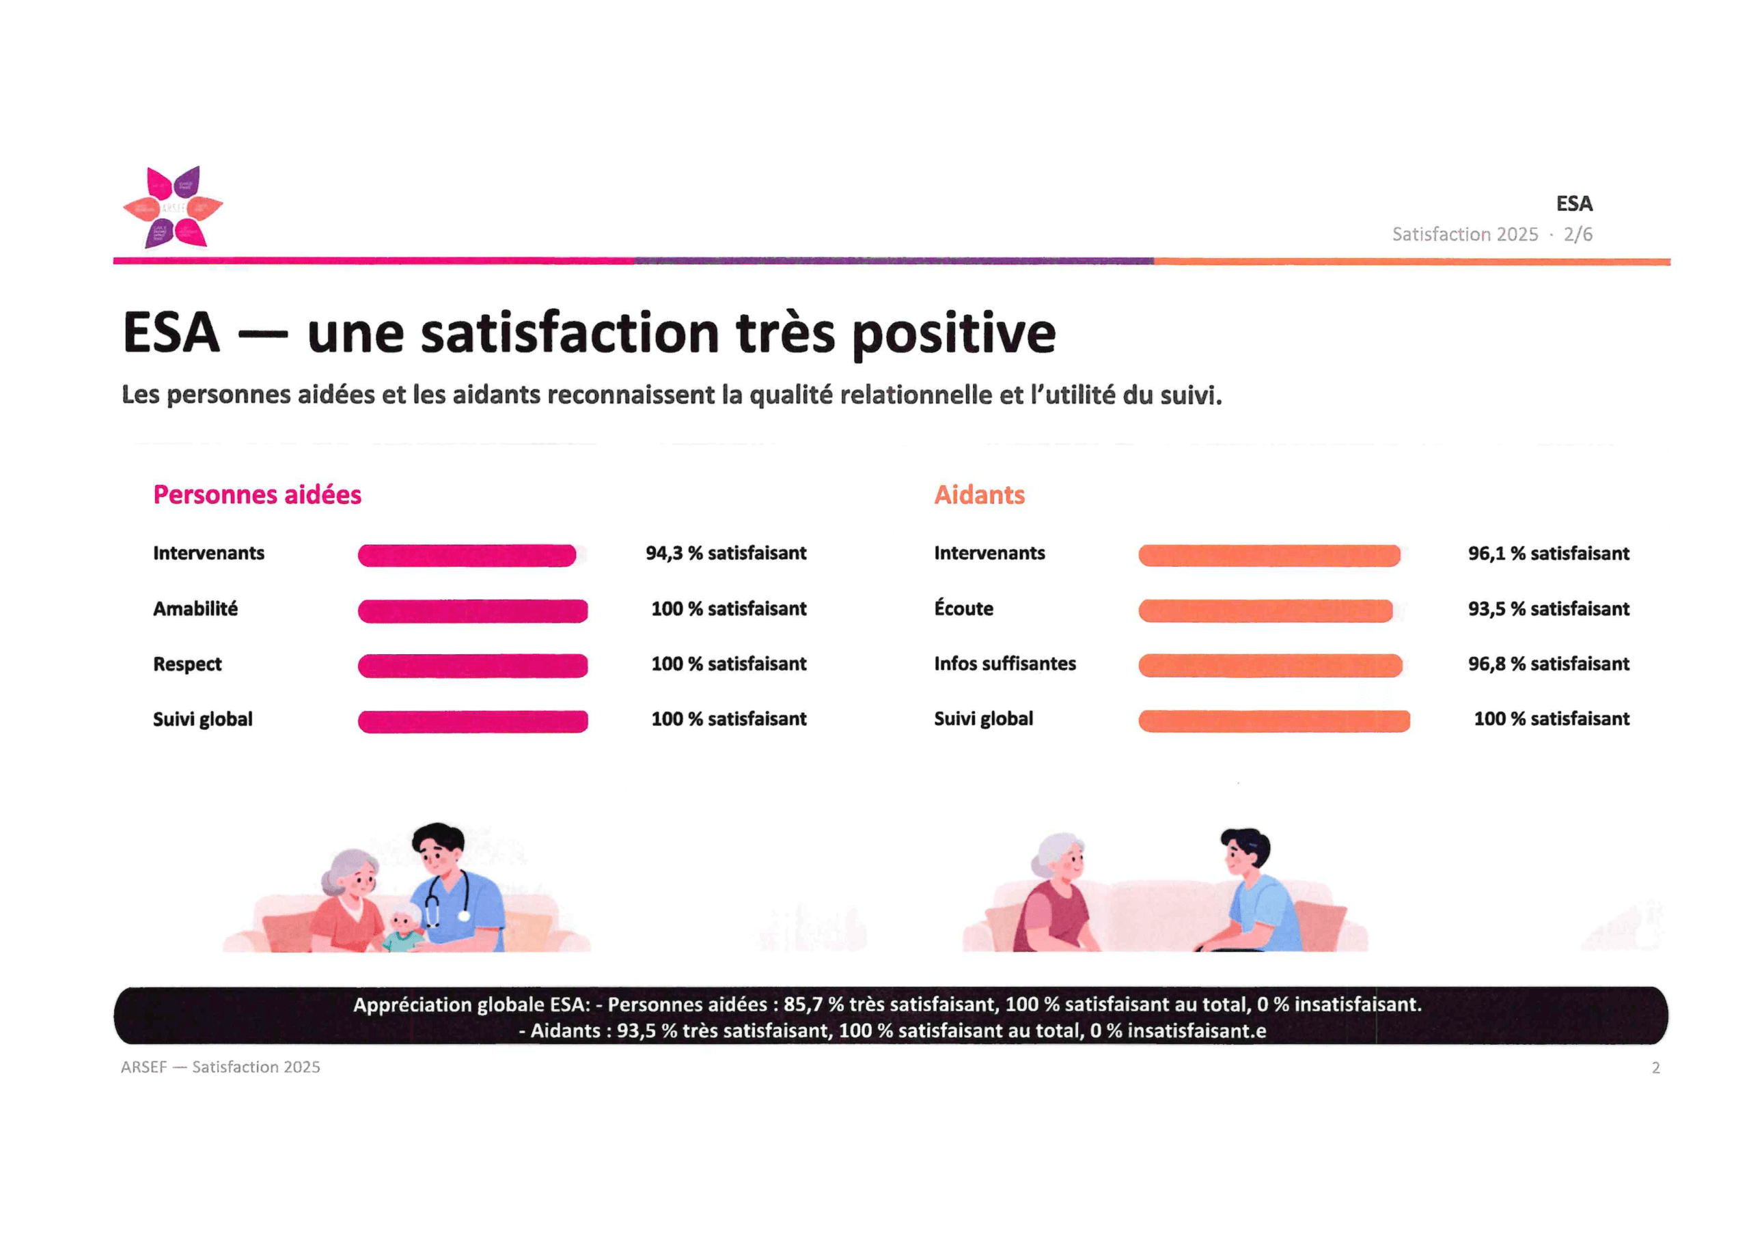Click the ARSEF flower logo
(x=173, y=207)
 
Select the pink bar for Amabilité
(x=473, y=610)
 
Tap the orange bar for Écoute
(x=1265, y=610)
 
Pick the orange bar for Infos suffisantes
(x=1271, y=666)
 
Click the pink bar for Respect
(x=473, y=666)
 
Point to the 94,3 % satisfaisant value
(x=726, y=554)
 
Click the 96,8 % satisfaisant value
(x=1549, y=664)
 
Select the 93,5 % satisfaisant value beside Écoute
(x=1549, y=609)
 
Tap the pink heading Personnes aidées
(x=258, y=495)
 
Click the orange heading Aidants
(x=980, y=495)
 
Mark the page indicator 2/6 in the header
(x=1578, y=234)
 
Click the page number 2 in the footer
(x=1655, y=1068)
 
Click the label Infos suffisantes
(x=1005, y=664)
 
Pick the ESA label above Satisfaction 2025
(x=1574, y=204)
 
